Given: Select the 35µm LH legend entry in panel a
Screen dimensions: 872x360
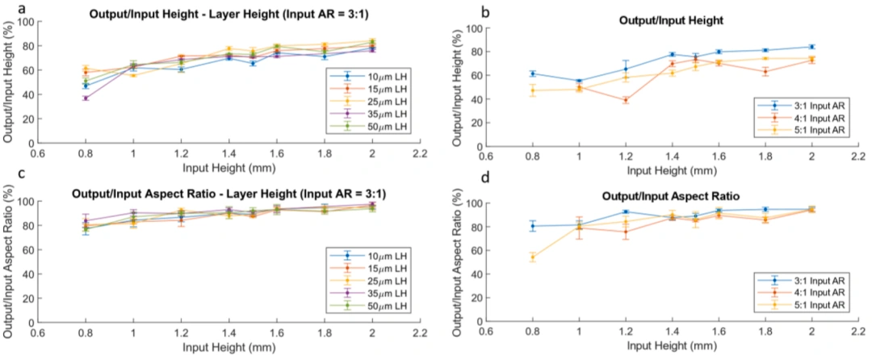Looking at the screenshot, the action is (369, 113).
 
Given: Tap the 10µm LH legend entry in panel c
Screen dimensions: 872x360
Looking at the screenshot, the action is (369, 255).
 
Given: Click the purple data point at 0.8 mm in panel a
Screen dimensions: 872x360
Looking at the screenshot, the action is (86, 98).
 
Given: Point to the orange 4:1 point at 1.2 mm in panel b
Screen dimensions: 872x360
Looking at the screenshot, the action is (626, 101).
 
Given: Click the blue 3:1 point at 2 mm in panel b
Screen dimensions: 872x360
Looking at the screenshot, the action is (811, 47).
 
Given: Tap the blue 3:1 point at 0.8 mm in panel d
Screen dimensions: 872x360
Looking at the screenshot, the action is (532, 225).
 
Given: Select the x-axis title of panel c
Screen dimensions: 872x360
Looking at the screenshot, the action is (228, 347).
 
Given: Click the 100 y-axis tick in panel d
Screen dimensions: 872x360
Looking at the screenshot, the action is (475, 203).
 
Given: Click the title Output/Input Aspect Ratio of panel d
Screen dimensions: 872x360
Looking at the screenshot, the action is (673, 197).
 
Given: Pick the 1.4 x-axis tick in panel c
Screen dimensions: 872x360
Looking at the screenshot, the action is (228, 333).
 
